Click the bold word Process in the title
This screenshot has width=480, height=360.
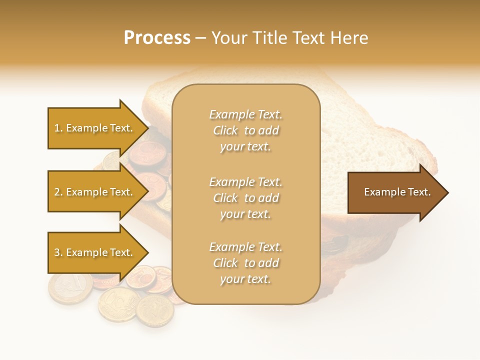pyautogui.click(x=157, y=38)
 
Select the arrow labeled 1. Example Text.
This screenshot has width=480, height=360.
pyautogui.click(x=95, y=128)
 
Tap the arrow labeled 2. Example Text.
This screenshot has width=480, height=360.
pyautogui.click(x=95, y=192)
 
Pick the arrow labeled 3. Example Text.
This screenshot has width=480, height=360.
pyautogui.click(x=95, y=252)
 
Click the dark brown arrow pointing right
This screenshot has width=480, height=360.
pyautogui.click(x=395, y=192)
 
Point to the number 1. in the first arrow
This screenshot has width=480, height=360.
pyautogui.click(x=58, y=128)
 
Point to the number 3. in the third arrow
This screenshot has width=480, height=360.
pyautogui.click(x=58, y=252)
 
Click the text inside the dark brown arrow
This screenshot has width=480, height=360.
pyautogui.click(x=397, y=192)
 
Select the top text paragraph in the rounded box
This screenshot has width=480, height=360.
pyautogui.click(x=245, y=130)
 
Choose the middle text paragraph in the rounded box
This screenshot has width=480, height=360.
pyautogui.click(x=245, y=197)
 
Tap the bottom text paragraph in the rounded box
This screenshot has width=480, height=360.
pyautogui.click(x=245, y=263)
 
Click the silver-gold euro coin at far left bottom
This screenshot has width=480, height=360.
pyautogui.click(x=70, y=288)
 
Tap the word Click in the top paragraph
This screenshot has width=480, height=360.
pyautogui.click(x=225, y=130)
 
